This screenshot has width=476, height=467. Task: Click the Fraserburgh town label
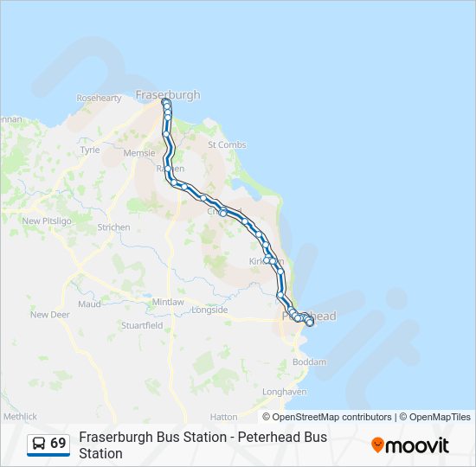[168, 94]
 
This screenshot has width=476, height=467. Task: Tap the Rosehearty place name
[100, 99]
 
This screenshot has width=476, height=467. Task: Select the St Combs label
[227, 144]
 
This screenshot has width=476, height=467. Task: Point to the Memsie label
[139, 152]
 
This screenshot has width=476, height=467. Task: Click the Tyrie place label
[90, 150]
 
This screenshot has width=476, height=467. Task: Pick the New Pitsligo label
[43, 221]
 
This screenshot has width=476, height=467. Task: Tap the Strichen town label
[114, 227]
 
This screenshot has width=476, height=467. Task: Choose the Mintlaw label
[170, 302]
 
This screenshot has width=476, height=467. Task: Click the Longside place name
[209, 310]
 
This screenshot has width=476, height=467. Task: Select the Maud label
[90, 304]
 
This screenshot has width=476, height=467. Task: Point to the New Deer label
[49, 315]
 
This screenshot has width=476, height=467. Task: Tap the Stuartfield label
[142, 326]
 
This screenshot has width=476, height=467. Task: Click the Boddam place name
[311, 361]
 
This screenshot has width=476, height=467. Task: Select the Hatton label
[223, 417]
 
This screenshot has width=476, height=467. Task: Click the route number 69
[58, 443]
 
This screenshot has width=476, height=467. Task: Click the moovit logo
[410, 445]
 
